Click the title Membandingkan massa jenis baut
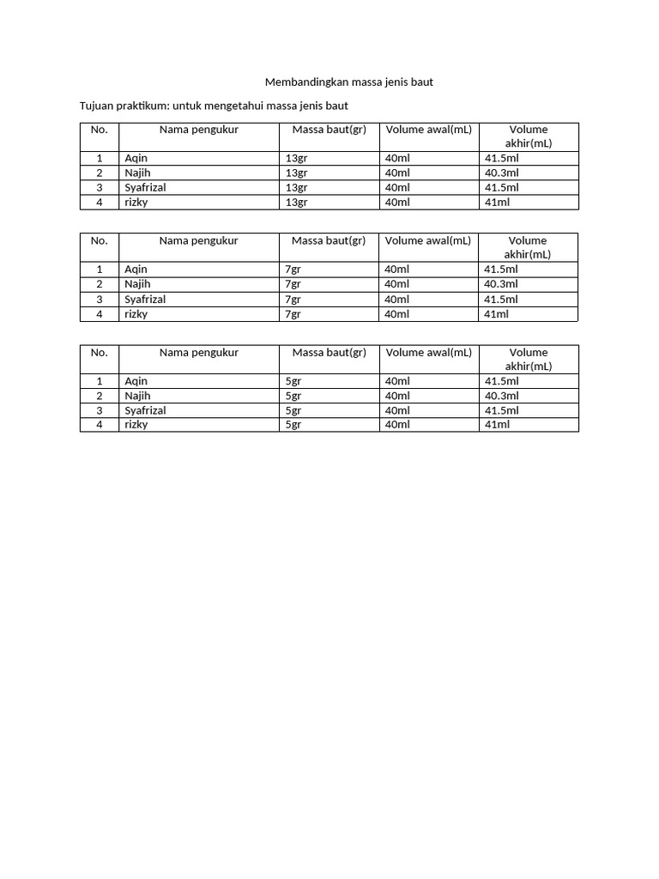coord(354,82)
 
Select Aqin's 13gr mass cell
coord(296,158)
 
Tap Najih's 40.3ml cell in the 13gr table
coord(501,173)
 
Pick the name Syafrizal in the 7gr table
coord(145,299)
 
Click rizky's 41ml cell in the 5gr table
coord(497,424)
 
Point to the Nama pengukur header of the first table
coord(198,130)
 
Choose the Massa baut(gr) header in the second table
coord(329,240)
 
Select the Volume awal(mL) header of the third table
coord(428,352)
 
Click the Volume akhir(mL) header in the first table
coord(528,136)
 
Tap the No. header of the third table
coord(100,352)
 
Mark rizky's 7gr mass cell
coord(293,314)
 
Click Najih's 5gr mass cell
coord(293,396)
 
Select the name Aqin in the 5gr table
coord(136,381)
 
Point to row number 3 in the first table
coord(100,187)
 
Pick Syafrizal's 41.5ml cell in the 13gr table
coord(501,187)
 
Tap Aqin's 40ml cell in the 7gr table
coord(397,270)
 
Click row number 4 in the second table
coord(100,314)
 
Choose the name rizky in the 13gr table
coord(136,202)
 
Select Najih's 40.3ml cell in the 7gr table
coord(501,284)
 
